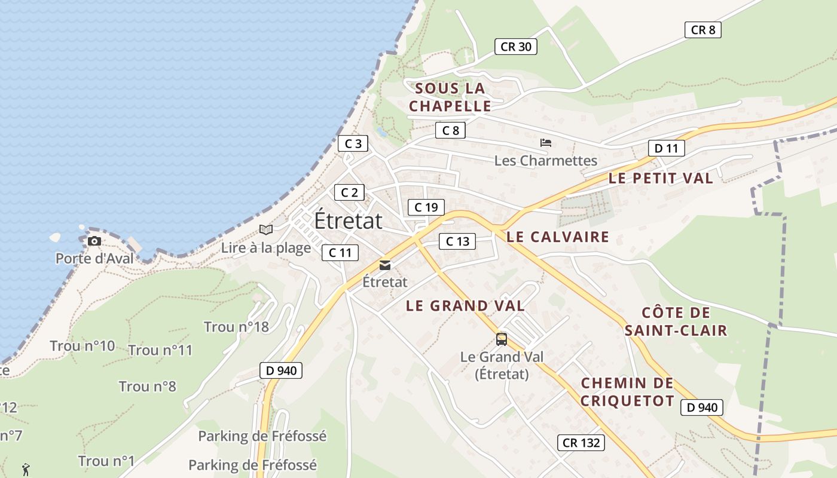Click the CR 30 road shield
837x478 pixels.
click(x=516, y=47)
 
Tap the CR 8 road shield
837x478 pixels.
click(x=703, y=30)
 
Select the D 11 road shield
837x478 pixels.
click(x=666, y=148)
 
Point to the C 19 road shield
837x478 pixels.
click(x=426, y=207)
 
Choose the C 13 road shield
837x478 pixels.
click(x=457, y=241)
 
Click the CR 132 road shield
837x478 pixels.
click(x=581, y=443)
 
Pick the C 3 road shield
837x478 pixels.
click(x=353, y=143)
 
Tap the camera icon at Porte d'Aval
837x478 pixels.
click(x=94, y=241)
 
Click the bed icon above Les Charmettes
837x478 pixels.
click(x=545, y=143)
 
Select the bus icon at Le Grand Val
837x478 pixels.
click(x=502, y=339)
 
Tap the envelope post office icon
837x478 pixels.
click(x=385, y=265)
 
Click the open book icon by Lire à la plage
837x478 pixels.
click(x=266, y=229)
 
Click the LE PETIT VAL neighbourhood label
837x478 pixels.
click(x=661, y=178)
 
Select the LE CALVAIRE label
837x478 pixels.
click(x=558, y=237)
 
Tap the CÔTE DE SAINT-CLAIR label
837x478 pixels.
click(x=676, y=321)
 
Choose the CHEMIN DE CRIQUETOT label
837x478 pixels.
click(x=627, y=392)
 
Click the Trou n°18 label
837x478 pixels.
click(x=236, y=327)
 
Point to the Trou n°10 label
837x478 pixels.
click(x=83, y=346)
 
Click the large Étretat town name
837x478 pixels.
click(x=348, y=220)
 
